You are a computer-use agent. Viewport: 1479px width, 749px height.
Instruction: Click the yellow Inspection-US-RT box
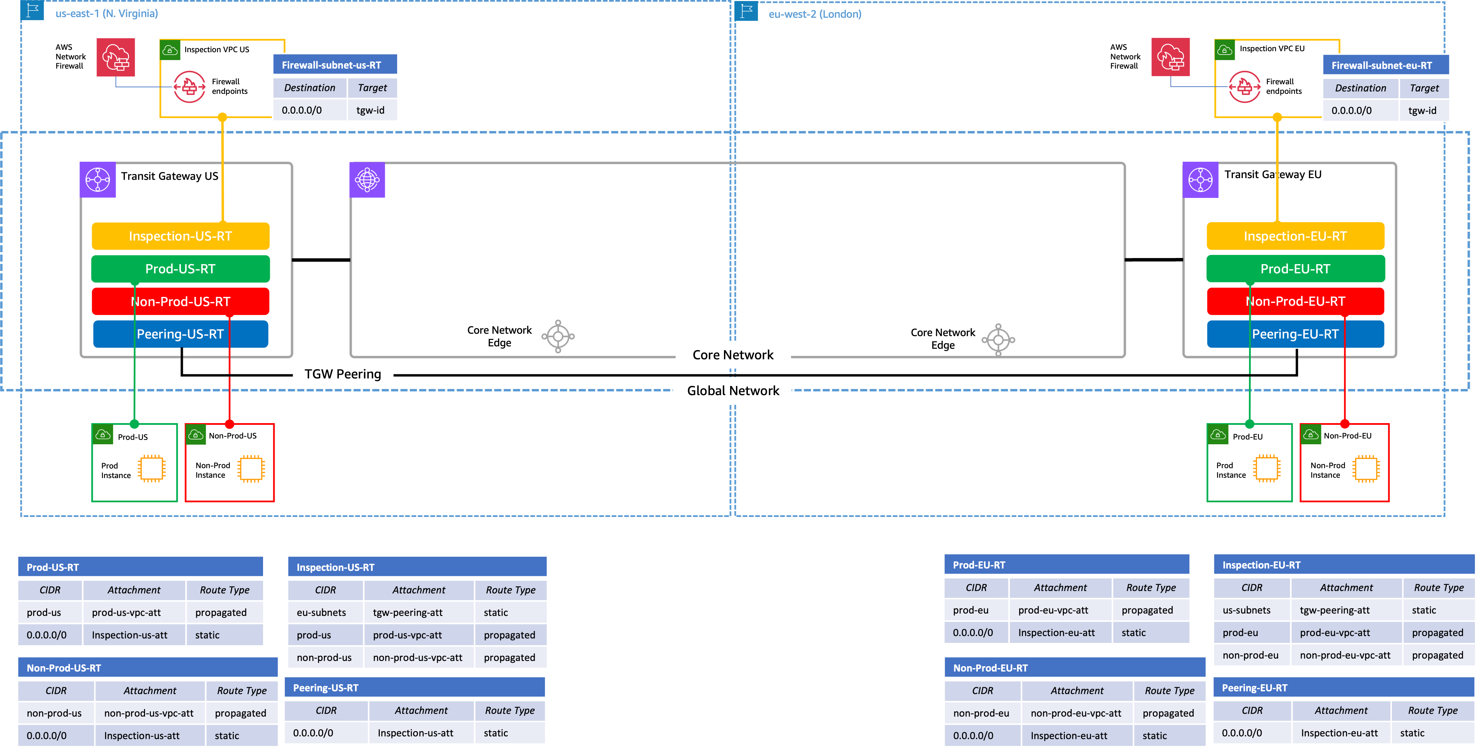(180, 236)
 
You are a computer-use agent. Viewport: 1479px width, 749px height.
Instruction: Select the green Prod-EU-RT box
(1295, 269)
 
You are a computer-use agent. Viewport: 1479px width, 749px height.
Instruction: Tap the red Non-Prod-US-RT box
(180, 302)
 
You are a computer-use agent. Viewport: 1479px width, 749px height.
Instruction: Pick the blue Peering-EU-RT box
(1295, 334)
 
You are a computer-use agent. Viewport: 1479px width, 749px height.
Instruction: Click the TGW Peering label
(343, 374)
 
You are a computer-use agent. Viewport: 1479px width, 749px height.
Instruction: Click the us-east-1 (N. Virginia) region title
(106, 13)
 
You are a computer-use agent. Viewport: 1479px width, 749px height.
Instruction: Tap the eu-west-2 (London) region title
(815, 14)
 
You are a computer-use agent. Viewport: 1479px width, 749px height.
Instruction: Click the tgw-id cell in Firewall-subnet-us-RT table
(370, 110)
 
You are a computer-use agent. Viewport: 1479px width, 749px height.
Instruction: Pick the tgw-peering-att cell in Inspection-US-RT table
(408, 612)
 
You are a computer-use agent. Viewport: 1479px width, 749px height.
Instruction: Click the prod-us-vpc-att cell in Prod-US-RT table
(126, 612)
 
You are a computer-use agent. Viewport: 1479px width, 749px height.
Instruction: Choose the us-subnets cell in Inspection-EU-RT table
(1246, 610)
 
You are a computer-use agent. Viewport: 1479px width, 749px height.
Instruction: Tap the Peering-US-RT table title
(325, 688)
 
